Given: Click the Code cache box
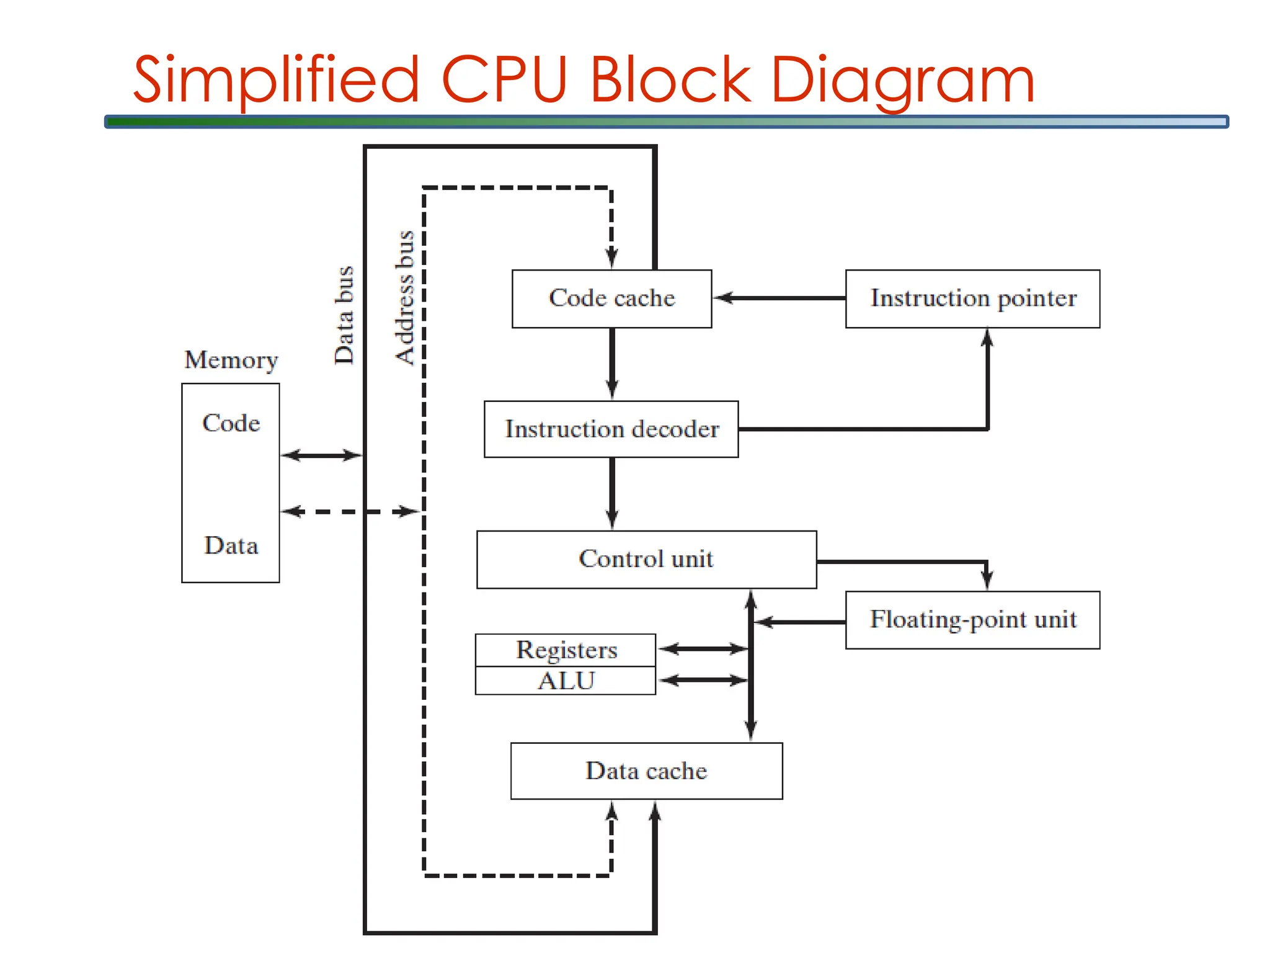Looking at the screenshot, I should [x=611, y=298].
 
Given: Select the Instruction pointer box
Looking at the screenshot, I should [x=972, y=298].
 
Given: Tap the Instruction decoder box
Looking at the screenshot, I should [x=611, y=429].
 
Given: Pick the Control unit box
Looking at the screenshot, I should [x=646, y=559].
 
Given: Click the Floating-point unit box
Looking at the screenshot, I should [x=972, y=620].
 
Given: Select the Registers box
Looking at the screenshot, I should [x=566, y=650].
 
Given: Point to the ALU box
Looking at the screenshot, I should [x=566, y=681].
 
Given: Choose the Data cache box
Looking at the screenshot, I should [x=646, y=771].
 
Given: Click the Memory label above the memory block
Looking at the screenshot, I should [x=231, y=360].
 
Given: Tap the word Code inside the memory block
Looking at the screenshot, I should [x=231, y=423].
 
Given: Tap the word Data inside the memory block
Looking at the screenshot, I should [x=231, y=545].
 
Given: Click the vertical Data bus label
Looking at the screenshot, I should [x=344, y=315].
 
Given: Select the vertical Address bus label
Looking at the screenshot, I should [x=405, y=298].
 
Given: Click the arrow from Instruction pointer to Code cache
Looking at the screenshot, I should [x=779, y=298].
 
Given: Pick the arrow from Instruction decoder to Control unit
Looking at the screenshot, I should [x=612, y=494].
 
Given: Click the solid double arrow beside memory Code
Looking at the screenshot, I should [x=321, y=455].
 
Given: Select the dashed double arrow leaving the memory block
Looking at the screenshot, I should [x=350, y=512].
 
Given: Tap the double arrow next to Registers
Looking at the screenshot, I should [x=703, y=649].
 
